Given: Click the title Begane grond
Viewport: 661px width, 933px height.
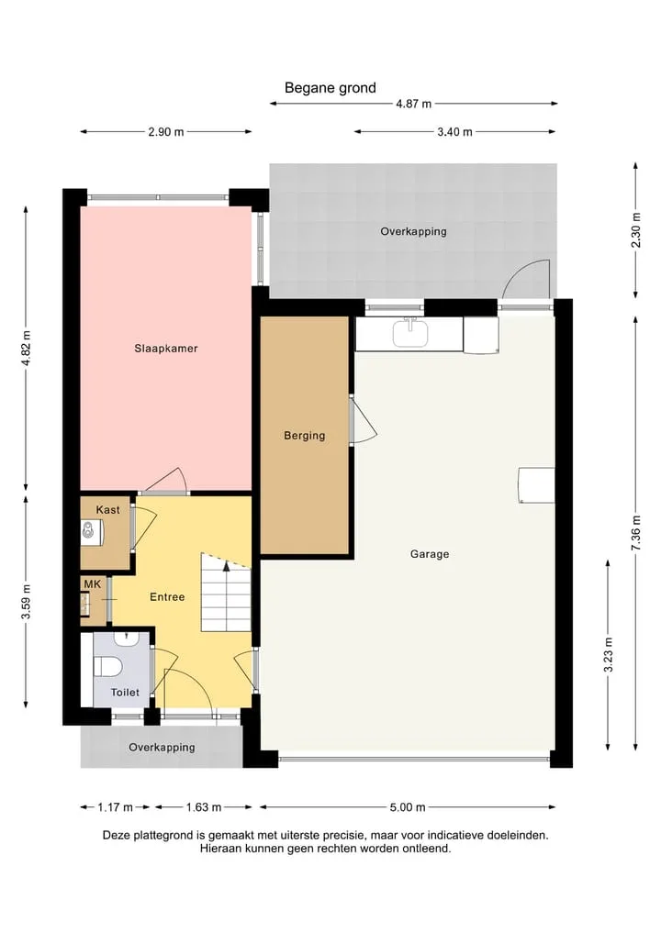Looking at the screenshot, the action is pyautogui.click(x=330, y=88).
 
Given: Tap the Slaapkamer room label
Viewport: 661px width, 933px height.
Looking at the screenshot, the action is pyautogui.click(x=165, y=349).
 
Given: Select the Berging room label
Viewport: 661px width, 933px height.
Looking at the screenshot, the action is pyautogui.click(x=304, y=436).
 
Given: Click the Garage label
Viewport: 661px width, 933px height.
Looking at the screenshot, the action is pyautogui.click(x=430, y=554).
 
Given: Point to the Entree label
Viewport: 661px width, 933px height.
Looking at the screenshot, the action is pyautogui.click(x=167, y=597).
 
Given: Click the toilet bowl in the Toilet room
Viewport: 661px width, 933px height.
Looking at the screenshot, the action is pyautogui.click(x=107, y=666).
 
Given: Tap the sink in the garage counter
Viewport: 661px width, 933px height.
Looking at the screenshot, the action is pyautogui.click(x=410, y=333).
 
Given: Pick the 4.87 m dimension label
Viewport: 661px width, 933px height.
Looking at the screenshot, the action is pyautogui.click(x=413, y=104).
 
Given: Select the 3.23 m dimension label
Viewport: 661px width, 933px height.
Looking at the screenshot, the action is pyautogui.click(x=608, y=654).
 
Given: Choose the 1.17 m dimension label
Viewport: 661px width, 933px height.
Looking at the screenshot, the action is pyautogui.click(x=116, y=807).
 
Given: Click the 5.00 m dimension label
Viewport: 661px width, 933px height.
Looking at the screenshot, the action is pyautogui.click(x=408, y=807).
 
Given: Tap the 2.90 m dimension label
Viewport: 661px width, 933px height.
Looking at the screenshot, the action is pyautogui.click(x=165, y=132).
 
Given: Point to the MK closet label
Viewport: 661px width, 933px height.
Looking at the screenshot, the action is pyautogui.click(x=93, y=584).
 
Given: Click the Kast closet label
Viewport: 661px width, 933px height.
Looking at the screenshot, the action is pyautogui.click(x=107, y=510).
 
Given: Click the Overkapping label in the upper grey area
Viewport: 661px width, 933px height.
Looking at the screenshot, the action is pyautogui.click(x=413, y=231).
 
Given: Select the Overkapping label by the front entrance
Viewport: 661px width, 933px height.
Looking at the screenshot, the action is pyautogui.click(x=162, y=748).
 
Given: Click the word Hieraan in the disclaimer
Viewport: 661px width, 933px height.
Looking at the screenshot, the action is pyautogui.click(x=221, y=849).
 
